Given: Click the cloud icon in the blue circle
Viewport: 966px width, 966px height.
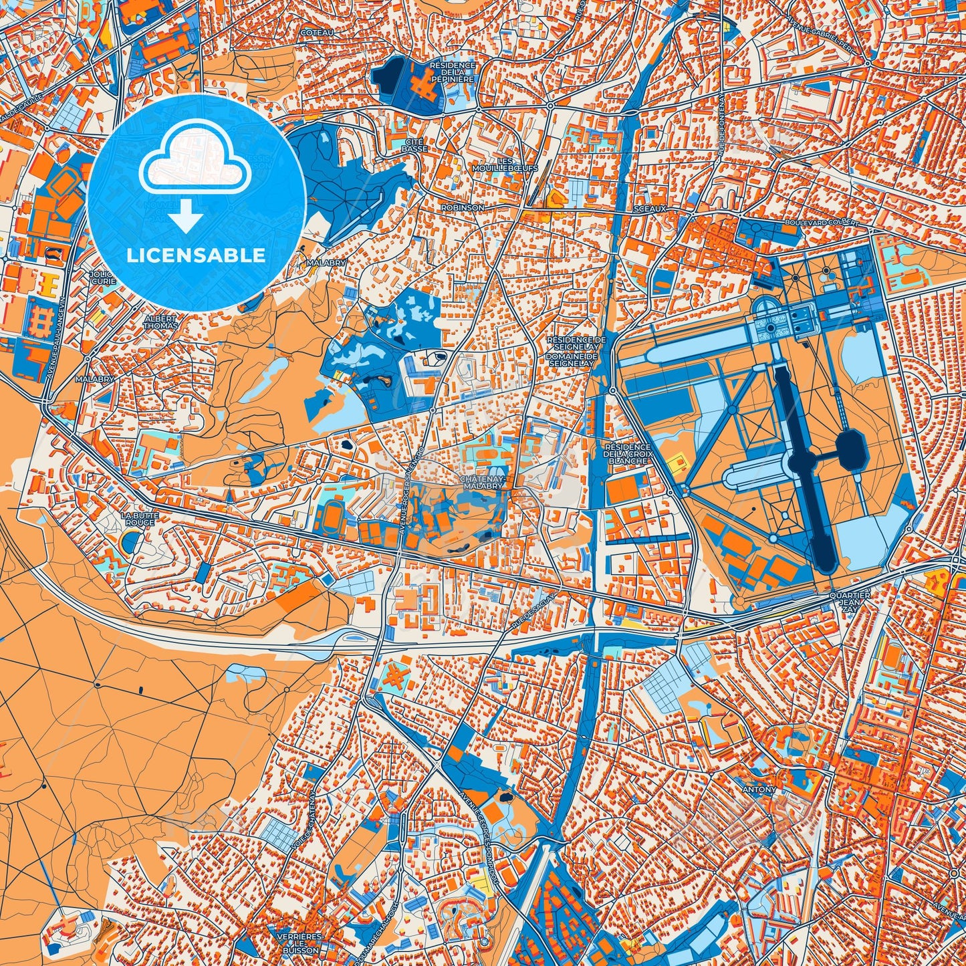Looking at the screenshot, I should [195, 160].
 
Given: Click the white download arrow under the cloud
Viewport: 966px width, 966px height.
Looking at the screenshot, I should [187, 217].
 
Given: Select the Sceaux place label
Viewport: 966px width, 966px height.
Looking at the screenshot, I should [651, 209].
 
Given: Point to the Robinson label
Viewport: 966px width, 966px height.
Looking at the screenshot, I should [462, 208].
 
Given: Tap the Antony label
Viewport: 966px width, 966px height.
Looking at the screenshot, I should [760, 790].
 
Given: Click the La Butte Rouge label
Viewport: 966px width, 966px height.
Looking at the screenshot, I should [138, 519].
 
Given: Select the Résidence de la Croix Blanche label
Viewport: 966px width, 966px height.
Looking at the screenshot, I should [627, 453].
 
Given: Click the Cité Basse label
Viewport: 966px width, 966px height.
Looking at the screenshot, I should [414, 146].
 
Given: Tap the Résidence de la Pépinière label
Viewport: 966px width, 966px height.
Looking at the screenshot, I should [453, 72].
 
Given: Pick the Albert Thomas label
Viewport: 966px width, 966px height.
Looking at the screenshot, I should [160, 322].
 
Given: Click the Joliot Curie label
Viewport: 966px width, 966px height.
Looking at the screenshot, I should [103, 277].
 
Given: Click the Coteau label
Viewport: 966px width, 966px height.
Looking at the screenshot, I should [317, 32].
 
